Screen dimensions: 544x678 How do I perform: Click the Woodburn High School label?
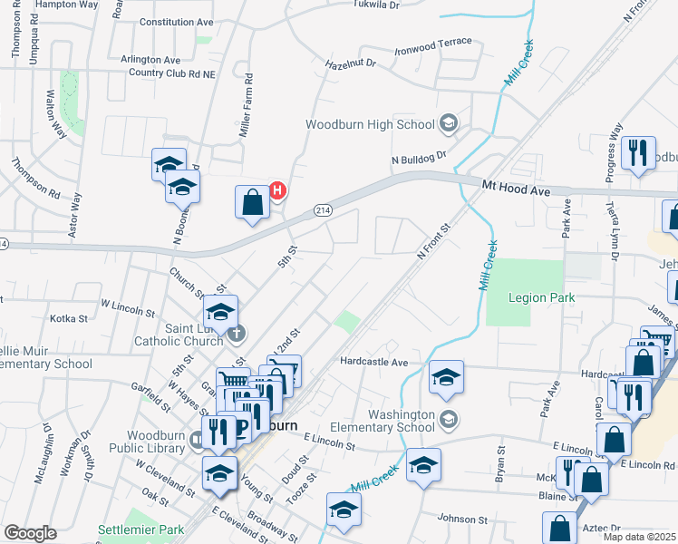coord(372,124)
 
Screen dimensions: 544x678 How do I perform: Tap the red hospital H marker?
coord(278,190)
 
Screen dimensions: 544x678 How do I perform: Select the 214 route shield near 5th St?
coord(322,210)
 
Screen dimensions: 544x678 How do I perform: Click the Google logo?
coord(30,533)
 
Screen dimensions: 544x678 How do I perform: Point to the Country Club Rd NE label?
coord(171,73)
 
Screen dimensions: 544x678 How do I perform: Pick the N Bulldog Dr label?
coord(420,158)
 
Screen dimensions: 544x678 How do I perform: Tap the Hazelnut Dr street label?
coord(349,63)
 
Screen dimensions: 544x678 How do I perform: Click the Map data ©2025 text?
coord(640,537)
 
